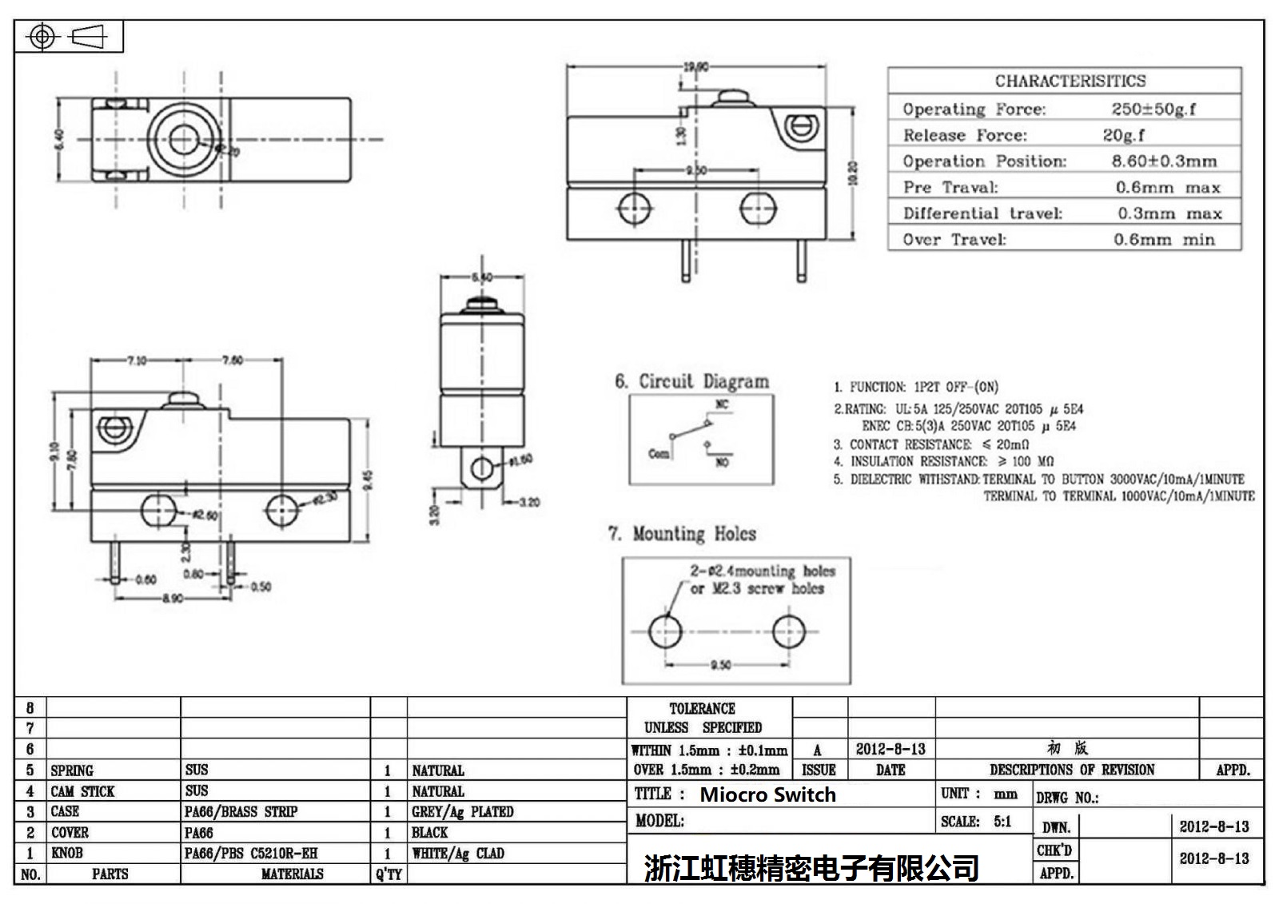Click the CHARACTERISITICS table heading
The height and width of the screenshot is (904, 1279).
coord(1070,81)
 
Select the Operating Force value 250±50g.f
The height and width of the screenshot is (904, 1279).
coord(1153,109)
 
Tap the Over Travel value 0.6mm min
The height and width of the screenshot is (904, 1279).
coord(1164,239)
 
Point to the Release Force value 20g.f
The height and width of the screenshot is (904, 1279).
coord(1123,135)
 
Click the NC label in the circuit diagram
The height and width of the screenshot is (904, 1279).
coord(722,405)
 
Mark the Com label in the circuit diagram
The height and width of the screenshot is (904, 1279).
coord(659,453)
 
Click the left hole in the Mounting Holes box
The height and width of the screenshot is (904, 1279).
coord(665,631)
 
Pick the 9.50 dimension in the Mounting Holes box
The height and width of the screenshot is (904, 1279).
coord(720,665)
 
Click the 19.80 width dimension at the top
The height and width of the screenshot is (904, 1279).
coord(695,67)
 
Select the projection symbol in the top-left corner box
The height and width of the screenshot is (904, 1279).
coord(67,37)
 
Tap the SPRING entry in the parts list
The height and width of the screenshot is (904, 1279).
coord(72,771)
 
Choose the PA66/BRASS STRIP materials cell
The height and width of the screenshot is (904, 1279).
coord(241,812)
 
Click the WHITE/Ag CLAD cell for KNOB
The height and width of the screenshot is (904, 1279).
coord(458,854)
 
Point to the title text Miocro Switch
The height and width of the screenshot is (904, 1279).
coord(767,794)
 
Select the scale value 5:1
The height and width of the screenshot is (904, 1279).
coord(1002,822)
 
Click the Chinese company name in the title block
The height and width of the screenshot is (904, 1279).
coord(811,868)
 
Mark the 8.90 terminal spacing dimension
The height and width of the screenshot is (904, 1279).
coord(173,598)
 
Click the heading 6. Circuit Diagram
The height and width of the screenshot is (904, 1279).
coord(691,381)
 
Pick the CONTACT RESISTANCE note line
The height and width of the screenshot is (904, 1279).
coord(931,444)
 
